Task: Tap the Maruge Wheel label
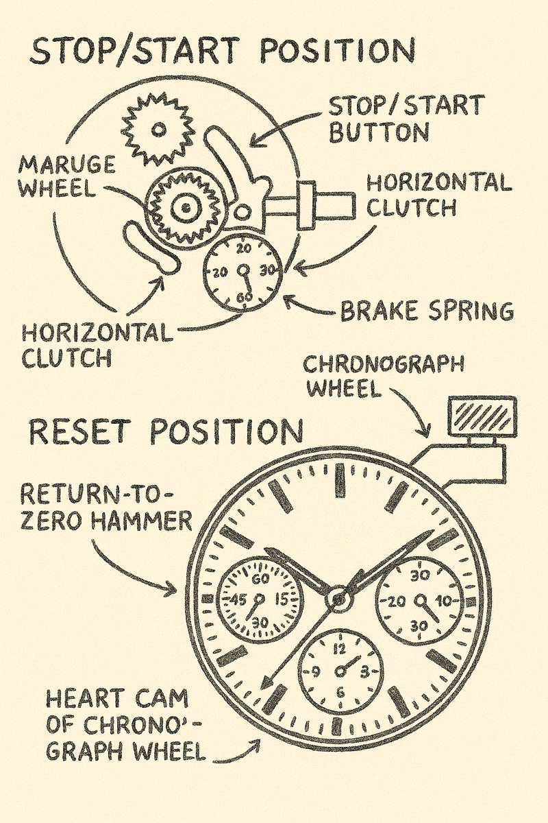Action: [66, 176]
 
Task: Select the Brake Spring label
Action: [427, 311]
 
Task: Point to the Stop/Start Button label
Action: [406, 119]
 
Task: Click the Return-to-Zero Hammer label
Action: [105, 508]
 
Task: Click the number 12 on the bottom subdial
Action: [340, 650]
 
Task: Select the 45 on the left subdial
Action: [239, 600]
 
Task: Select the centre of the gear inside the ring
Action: [187, 208]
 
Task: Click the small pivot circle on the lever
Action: [242, 211]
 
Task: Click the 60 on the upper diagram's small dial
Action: [242, 297]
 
